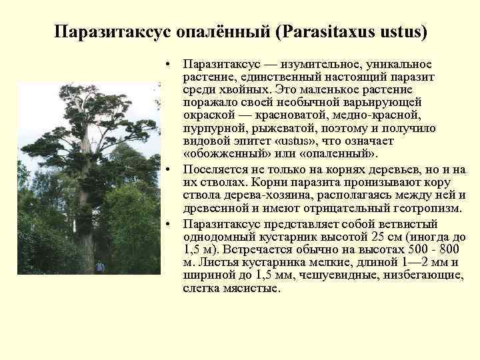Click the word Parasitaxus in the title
click(329, 33)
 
